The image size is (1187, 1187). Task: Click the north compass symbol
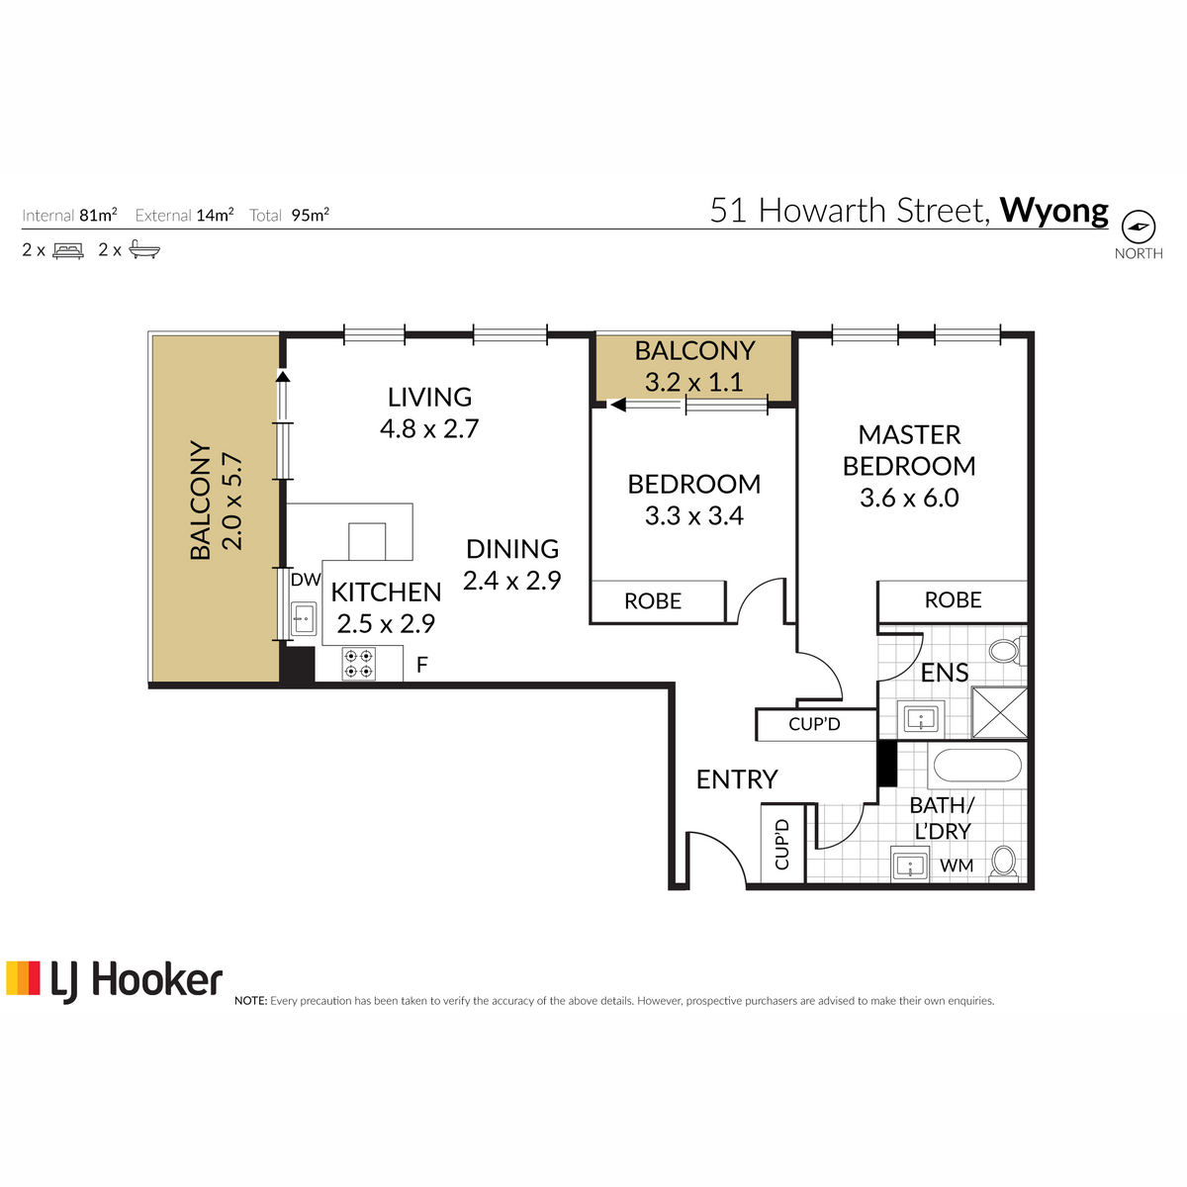(1138, 227)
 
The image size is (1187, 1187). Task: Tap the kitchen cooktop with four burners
(358, 664)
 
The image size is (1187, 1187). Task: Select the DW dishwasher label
(306, 580)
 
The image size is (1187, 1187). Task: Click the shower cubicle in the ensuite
(999, 712)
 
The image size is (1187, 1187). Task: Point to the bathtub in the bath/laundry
(977, 766)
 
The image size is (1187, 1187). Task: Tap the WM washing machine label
(957, 866)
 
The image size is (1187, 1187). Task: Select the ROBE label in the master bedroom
(953, 600)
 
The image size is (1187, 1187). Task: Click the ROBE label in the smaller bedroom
(653, 601)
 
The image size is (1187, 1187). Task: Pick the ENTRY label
(737, 779)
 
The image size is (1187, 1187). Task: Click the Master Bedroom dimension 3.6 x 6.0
(909, 498)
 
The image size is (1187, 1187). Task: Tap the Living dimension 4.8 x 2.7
(429, 428)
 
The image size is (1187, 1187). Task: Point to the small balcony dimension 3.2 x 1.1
(694, 382)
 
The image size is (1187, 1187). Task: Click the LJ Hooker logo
(115, 981)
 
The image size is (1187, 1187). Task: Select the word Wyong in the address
(1053, 211)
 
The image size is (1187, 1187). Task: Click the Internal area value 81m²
(98, 215)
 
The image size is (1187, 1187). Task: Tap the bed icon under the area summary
(68, 250)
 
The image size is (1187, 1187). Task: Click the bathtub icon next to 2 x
(144, 249)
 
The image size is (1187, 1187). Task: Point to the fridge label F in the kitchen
(422, 665)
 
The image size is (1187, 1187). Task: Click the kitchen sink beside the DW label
(303, 618)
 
